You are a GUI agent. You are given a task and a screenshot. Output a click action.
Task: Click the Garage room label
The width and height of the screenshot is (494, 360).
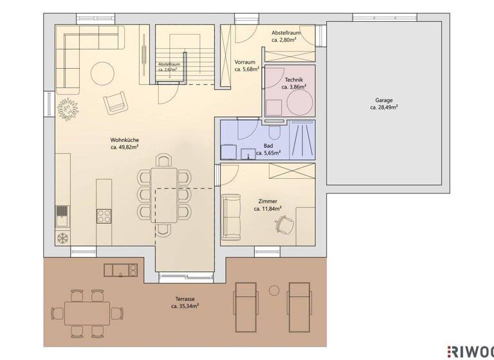coord(383,100)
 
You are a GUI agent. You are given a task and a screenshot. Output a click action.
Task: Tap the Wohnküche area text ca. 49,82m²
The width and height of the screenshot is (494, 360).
coord(125,147)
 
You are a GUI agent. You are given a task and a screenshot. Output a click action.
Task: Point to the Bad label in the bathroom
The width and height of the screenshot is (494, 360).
coord(268,146)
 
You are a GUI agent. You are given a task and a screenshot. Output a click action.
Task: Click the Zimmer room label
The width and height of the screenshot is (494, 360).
coord(265,201)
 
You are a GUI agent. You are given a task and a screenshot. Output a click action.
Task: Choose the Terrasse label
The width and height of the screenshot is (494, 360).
coord(185,299)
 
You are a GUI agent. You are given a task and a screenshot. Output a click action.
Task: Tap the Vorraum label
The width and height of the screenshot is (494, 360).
coord(246,62)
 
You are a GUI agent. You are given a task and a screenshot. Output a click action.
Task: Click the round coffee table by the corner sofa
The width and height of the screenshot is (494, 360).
coord(102,73)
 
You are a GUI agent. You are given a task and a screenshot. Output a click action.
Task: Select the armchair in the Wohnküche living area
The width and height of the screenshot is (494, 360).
coord(116,102)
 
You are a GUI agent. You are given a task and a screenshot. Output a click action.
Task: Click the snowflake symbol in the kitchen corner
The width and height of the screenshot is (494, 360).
coord(63,237)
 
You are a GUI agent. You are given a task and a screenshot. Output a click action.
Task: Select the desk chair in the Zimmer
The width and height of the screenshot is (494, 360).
coord(284,224)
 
